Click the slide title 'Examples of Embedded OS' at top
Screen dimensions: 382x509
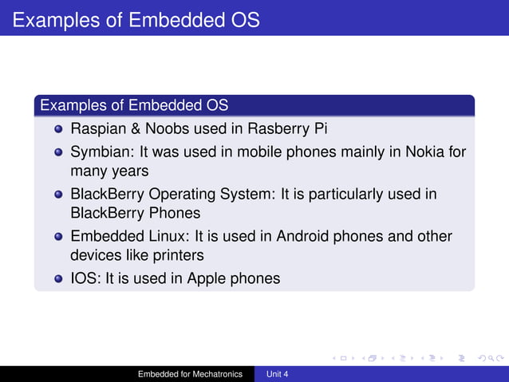136,18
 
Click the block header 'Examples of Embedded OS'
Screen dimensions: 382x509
134,105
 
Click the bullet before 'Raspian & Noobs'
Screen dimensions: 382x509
58,129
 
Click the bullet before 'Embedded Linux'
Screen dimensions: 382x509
58,238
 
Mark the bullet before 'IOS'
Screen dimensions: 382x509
58,279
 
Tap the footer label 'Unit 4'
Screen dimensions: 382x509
277,374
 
